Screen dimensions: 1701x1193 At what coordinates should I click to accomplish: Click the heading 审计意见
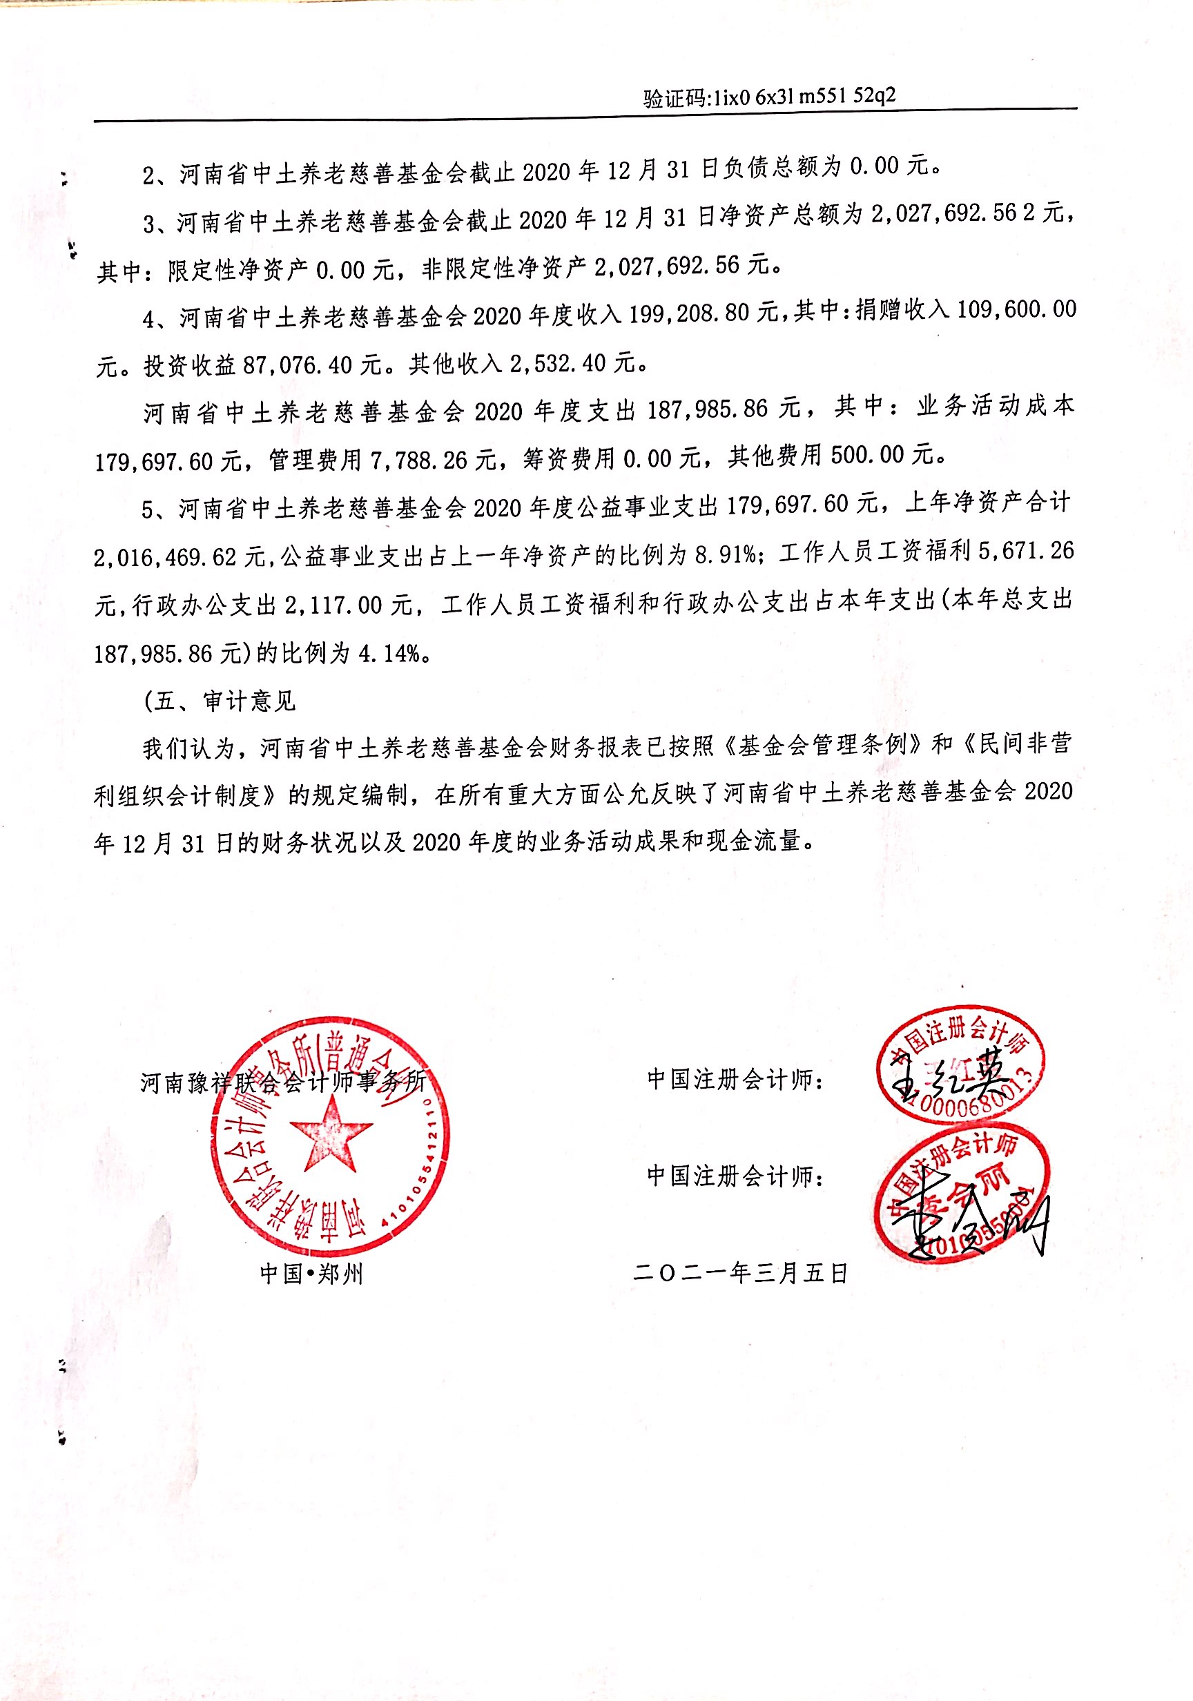(249, 700)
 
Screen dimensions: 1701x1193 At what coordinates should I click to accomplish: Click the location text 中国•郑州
(311, 1274)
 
